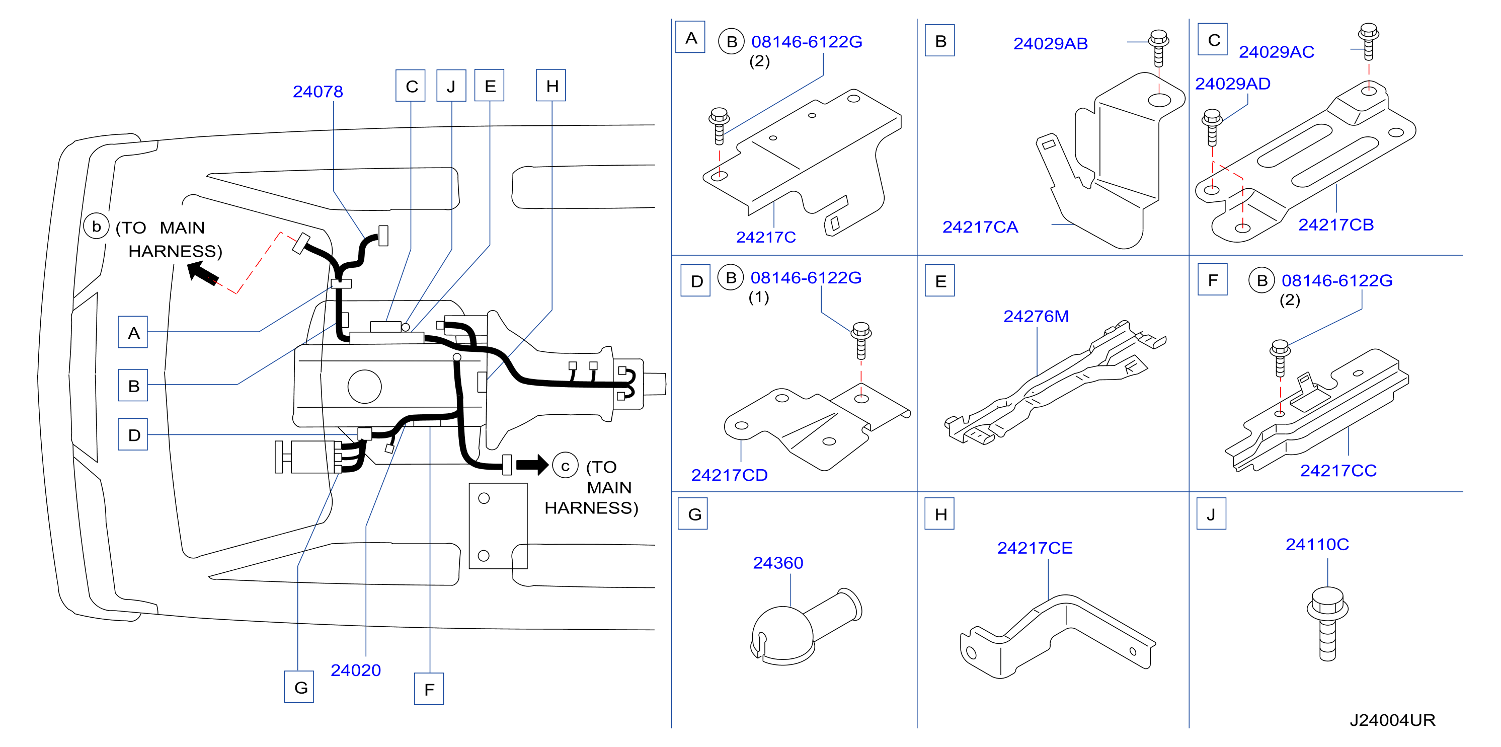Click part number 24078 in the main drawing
click(x=318, y=92)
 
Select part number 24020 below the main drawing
click(x=355, y=670)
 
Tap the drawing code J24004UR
click(x=1392, y=720)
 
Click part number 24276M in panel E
click(x=1036, y=317)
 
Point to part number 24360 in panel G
click(x=778, y=563)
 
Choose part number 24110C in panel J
click(x=1317, y=544)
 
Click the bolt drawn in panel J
click(x=1327, y=624)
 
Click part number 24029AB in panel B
click(x=1050, y=44)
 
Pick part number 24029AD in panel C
click(x=1232, y=84)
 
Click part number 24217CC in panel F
click(x=1338, y=470)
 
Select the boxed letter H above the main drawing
click(x=551, y=86)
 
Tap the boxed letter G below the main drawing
click(x=299, y=687)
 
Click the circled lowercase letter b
click(x=96, y=226)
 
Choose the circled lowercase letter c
click(x=565, y=466)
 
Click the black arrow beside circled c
click(x=532, y=465)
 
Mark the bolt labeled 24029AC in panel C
click(x=1368, y=41)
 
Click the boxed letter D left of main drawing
click(x=133, y=435)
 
